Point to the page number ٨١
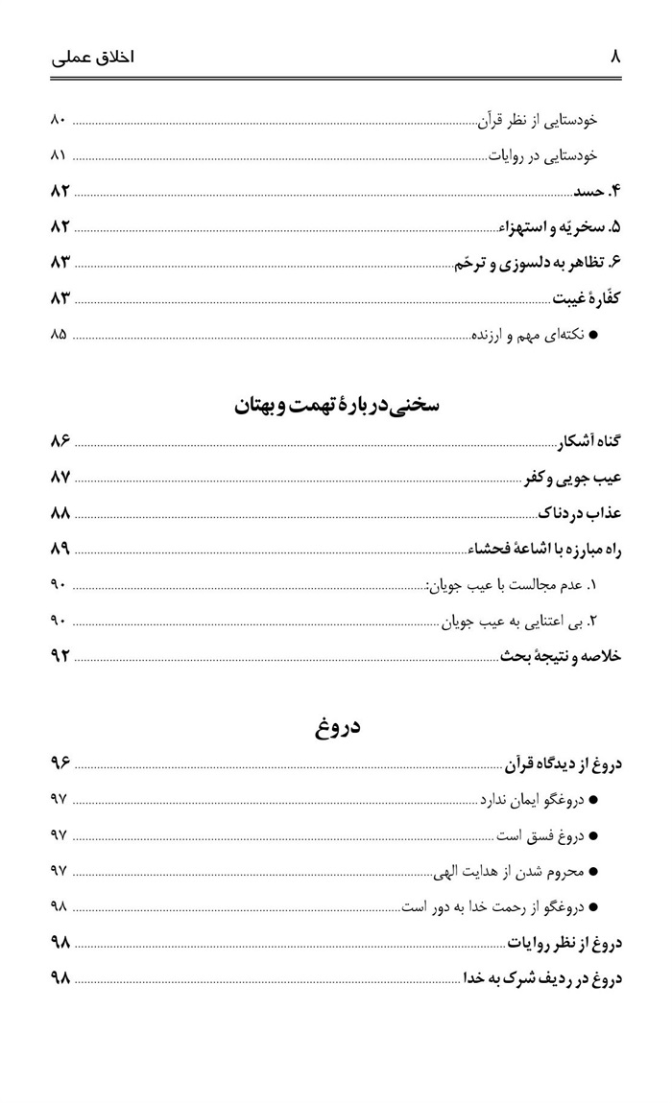pos(57,154)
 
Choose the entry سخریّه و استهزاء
pos(560,227)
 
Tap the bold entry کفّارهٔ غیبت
pos(588,298)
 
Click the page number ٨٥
pos(58,335)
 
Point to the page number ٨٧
pos(60,477)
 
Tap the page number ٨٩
pos(60,549)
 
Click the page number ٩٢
pos(60,656)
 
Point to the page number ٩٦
pos(60,763)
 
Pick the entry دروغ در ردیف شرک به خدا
pos(543,978)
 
